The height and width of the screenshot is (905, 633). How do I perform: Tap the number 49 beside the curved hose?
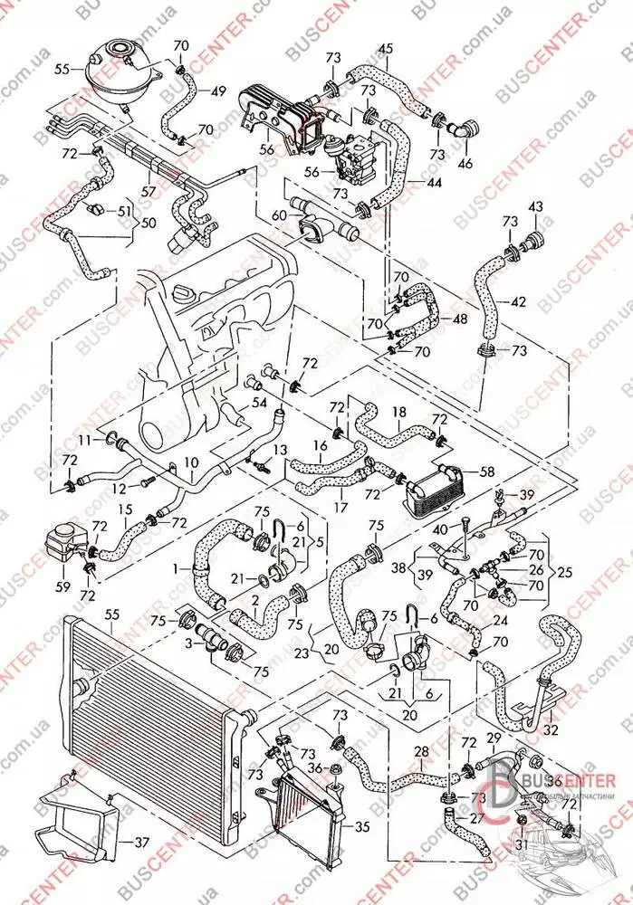click(x=218, y=91)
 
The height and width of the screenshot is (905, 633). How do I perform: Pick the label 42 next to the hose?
click(x=517, y=301)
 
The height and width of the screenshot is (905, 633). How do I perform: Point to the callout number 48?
click(x=461, y=319)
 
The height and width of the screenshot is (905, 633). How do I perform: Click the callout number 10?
click(x=191, y=463)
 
